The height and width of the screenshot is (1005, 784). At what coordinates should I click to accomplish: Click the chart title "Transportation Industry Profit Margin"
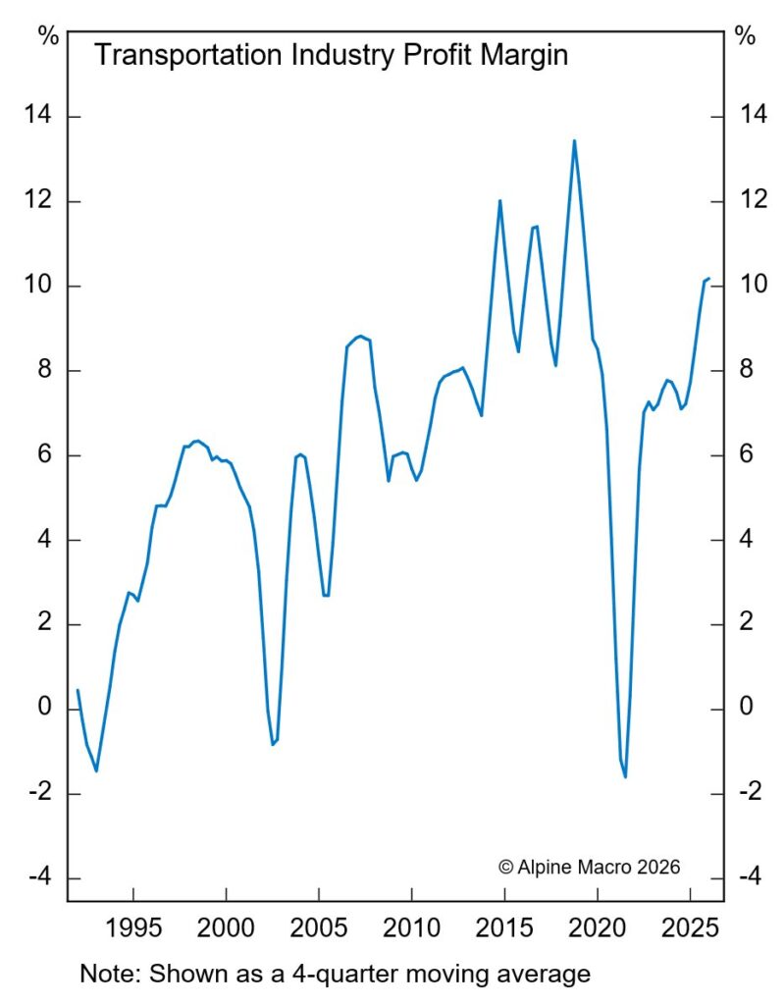click(331, 55)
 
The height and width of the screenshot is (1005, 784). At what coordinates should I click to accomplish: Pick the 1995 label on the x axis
click(132, 927)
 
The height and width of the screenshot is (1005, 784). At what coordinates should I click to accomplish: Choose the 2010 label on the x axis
click(412, 927)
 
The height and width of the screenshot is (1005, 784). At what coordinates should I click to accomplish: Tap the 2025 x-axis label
click(691, 927)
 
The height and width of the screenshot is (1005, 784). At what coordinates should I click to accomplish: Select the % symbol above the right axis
click(745, 36)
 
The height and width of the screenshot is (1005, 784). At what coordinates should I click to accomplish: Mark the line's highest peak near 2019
click(574, 140)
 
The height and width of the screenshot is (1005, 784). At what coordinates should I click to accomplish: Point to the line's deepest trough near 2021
click(625, 777)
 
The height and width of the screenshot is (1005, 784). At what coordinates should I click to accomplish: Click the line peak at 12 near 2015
click(500, 200)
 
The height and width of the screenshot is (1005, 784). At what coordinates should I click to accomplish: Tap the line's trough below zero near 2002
click(273, 745)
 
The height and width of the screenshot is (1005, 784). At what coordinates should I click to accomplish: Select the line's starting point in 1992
click(78, 690)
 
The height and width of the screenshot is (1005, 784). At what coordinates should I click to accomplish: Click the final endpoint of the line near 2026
click(709, 279)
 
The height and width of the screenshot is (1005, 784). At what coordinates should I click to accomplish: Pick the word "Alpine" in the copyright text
click(549, 866)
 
